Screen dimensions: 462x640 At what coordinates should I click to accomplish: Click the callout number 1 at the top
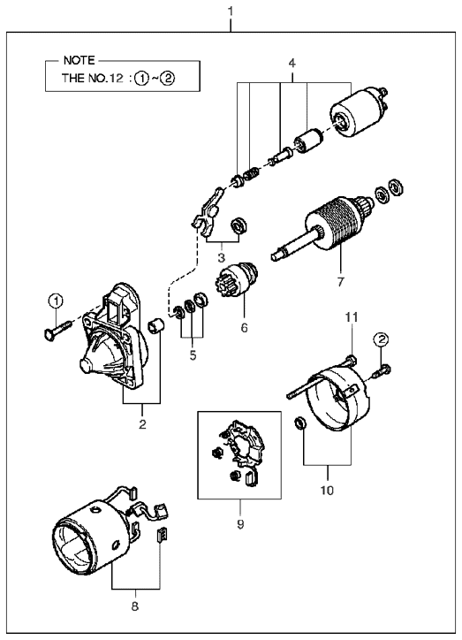[x=231, y=11]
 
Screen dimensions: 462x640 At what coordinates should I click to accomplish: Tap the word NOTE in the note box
[x=80, y=60]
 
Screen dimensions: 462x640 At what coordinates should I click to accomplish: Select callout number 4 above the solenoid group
[x=292, y=64]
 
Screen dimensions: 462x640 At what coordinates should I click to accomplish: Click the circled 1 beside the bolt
[x=56, y=301]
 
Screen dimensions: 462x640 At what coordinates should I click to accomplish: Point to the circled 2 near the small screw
[x=382, y=339]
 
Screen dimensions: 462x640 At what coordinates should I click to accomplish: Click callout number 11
[x=352, y=316]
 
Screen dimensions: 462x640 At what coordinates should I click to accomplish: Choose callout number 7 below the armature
[x=340, y=282]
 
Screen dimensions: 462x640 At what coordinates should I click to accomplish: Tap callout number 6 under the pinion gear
[x=244, y=327]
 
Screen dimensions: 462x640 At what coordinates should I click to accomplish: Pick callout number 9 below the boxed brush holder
[x=240, y=524]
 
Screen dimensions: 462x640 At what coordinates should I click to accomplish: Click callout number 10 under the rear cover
[x=327, y=490]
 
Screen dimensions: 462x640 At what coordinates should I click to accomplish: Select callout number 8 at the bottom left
[x=135, y=606]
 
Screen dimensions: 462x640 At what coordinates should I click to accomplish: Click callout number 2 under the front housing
[x=142, y=424]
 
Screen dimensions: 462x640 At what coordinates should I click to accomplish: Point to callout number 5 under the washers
[x=193, y=355]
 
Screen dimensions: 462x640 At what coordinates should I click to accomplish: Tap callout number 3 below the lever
[x=222, y=257]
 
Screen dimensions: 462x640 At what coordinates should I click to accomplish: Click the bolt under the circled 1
[x=57, y=330]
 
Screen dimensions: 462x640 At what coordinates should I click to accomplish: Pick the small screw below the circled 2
[x=382, y=370]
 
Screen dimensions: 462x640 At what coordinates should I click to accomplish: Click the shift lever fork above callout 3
[x=208, y=212]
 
